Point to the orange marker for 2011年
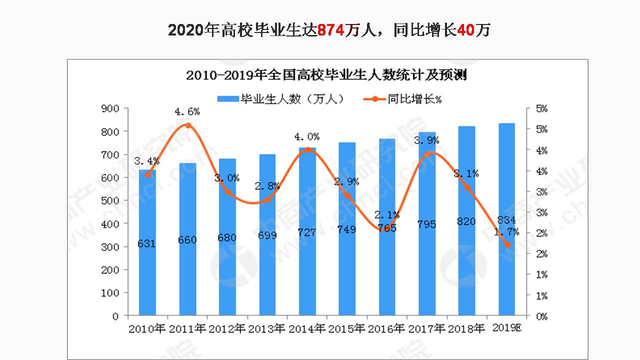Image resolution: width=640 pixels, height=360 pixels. coord(188,125)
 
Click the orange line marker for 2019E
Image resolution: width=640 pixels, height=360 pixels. coord(507,244)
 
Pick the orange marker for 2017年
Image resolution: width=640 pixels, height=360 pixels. coord(427,154)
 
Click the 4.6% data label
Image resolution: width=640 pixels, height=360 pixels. coord(187,112)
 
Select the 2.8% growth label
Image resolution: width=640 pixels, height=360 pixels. coord(267,186)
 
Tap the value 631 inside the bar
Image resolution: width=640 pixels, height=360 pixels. coord(147,244)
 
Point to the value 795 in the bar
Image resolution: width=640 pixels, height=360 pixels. coord(426,224)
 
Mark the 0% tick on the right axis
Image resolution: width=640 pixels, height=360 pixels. coord(541,316)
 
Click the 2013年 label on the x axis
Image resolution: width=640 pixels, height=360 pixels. coord(267,328)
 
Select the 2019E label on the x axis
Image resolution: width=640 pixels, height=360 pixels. coord(507,328)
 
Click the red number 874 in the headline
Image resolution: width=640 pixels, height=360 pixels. coord(331,30)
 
